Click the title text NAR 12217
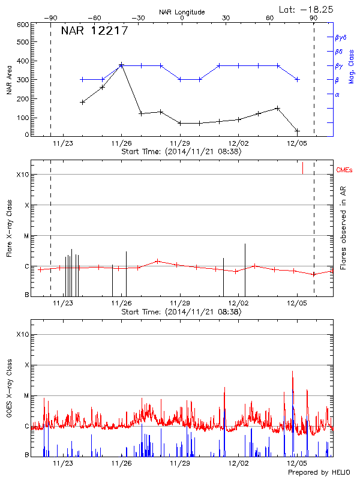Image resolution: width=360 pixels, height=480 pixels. (x=95, y=31)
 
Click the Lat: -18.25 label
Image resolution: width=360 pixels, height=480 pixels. (x=306, y=9)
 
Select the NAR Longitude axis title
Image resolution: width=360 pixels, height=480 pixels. (x=182, y=11)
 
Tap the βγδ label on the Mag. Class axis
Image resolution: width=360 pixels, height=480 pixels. (x=341, y=37)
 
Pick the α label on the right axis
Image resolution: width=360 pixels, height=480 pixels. (x=337, y=94)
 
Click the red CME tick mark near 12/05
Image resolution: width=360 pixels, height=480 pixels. (x=302, y=168)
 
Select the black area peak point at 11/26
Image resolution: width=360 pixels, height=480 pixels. (x=121, y=65)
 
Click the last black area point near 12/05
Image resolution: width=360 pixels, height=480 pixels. (x=297, y=130)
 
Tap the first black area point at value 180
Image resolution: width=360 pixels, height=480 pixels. (x=82, y=102)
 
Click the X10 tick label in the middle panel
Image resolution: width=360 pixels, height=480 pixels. (x=23, y=175)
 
